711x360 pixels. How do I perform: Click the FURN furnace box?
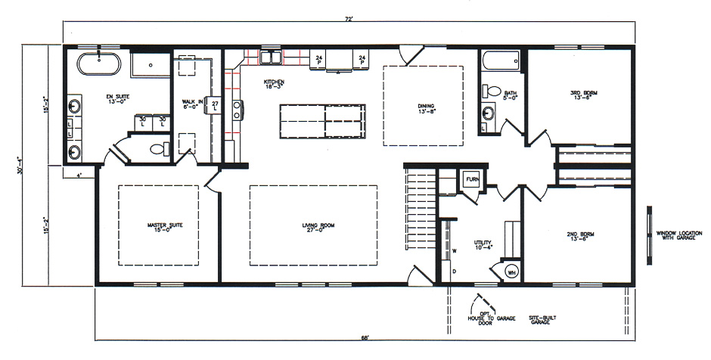[x=470, y=180]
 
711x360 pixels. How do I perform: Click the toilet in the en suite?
[x=157, y=149]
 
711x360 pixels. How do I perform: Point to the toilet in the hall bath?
[x=494, y=91]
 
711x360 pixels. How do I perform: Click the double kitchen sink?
[x=270, y=58]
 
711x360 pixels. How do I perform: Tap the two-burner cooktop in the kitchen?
[x=237, y=110]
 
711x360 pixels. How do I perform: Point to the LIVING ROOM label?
[x=317, y=227]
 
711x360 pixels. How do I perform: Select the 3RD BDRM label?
[x=583, y=95]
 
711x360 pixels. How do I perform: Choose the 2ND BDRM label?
[x=581, y=236]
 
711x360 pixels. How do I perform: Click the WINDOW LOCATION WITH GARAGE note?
[x=676, y=235]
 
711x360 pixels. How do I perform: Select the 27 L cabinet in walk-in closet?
[x=215, y=106]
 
